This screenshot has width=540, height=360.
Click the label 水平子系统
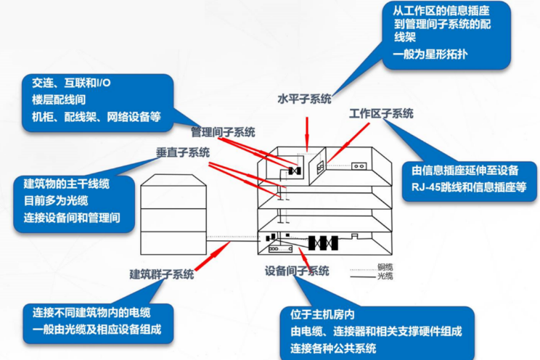(304, 99)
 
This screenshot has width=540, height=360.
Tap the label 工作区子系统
(380, 114)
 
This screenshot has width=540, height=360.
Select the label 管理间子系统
(223, 132)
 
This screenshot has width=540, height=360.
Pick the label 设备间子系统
(297, 271)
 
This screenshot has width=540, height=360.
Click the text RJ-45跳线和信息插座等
(467, 188)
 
